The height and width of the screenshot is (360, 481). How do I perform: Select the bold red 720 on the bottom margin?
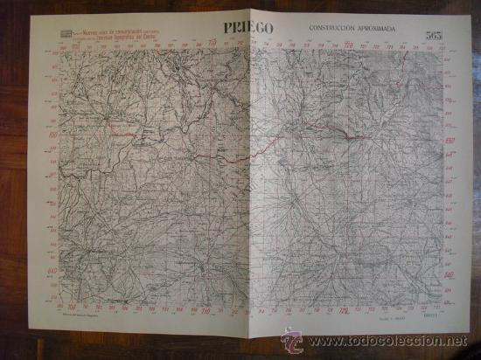point(344,310)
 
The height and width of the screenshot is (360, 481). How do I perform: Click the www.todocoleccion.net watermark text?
point(390,340)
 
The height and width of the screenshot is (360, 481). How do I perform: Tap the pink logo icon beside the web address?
point(295,338)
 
